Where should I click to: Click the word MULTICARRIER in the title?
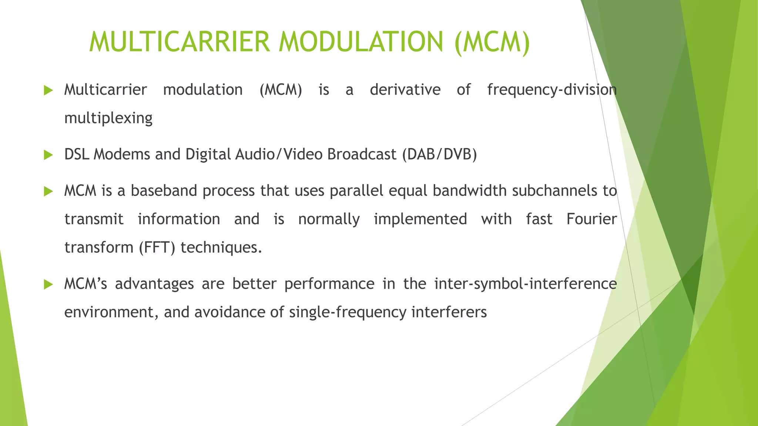pyautogui.click(x=179, y=41)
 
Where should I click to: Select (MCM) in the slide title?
pyautogui.click(x=492, y=42)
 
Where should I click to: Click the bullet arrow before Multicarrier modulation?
pyautogui.click(x=48, y=90)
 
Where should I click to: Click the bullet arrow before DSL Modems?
pyautogui.click(x=48, y=155)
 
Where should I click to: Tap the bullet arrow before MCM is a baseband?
pyautogui.click(x=48, y=191)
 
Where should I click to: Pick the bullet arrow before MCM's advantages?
pyautogui.click(x=48, y=284)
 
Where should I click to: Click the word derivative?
pyautogui.click(x=405, y=90)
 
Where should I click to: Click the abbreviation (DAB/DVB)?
pyautogui.click(x=439, y=154)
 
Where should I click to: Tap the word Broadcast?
pyautogui.click(x=362, y=154)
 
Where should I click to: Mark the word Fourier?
pyautogui.click(x=591, y=219)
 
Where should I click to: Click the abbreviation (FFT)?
pyautogui.click(x=157, y=247)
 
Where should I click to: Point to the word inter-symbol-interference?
pyautogui.click(x=525, y=284)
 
